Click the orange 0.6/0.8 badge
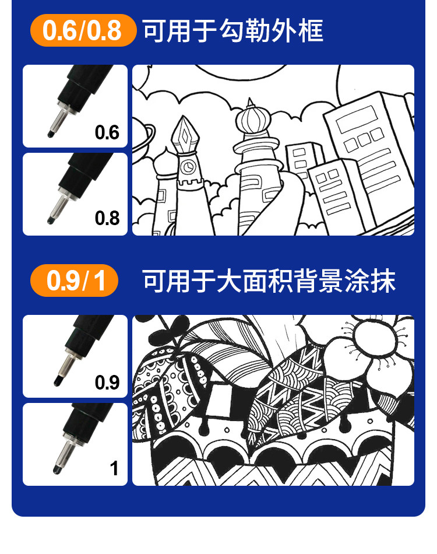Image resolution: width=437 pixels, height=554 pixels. [x=83, y=30]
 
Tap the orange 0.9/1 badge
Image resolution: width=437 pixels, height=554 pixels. [x=74, y=280]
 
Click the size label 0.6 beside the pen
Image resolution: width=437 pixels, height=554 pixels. [x=107, y=132]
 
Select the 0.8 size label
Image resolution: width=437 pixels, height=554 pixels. [x=107, y=218]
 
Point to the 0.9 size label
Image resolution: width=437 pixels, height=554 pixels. [x=107, y=383]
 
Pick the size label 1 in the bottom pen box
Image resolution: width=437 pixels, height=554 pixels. [x=114, y=468]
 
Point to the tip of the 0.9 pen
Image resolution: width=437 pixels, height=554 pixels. [x=57, y=382]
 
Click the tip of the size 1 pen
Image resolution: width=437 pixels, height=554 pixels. [x=57, y=470]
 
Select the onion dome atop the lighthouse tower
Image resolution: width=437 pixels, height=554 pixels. [x=252, y=120]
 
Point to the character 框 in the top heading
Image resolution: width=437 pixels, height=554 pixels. [x=311, y=31]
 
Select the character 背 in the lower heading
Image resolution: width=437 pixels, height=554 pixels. [x=306, y=281]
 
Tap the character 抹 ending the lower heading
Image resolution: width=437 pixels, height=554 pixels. [x=383, y=281]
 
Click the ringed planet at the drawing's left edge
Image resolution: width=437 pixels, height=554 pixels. [x=143, y=137]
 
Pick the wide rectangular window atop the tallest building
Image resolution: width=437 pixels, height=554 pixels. [x=357, y=120]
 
